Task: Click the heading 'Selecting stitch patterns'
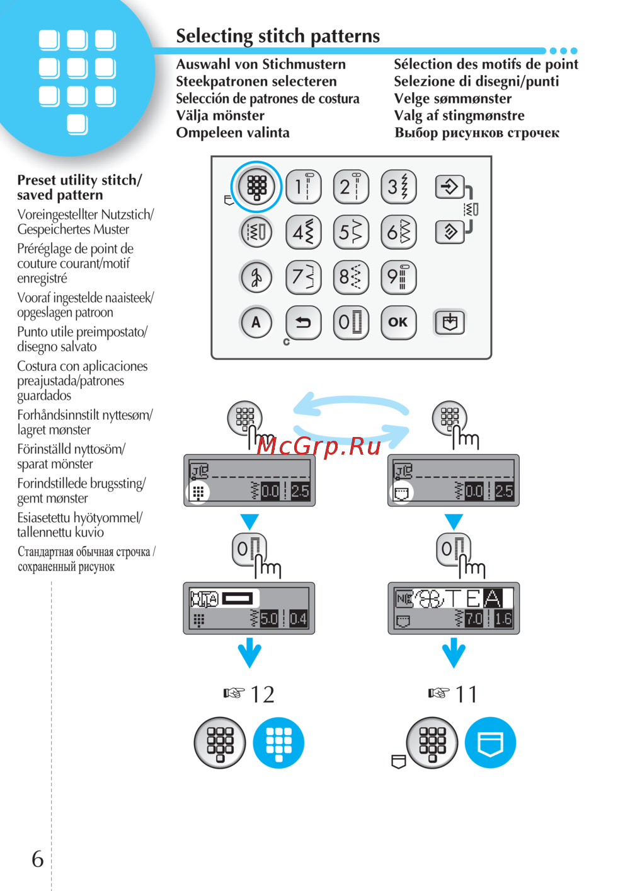click(x=278, y=36)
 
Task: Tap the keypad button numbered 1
click(x=304, y=187)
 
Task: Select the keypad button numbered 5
click(x=351, y=232)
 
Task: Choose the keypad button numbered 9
click(x=398, y=277)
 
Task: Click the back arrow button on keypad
click(x=304, y=322)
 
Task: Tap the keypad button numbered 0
click(x=351, y=322)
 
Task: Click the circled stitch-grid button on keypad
click(x=256, y=187)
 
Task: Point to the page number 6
click(x=38, y=859)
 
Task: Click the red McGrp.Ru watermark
click(x=319, y=446)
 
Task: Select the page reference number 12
click(x=262, y=694)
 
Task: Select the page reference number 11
click(x=466, y=694)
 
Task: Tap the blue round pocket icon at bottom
click(x=490, y=743)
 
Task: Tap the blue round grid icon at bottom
click(x=278, y=743)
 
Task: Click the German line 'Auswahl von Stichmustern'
click(x=261, y=64)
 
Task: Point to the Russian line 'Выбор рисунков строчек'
click(x=477, y=133)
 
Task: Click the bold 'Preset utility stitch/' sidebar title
click(x=79, y=180)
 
